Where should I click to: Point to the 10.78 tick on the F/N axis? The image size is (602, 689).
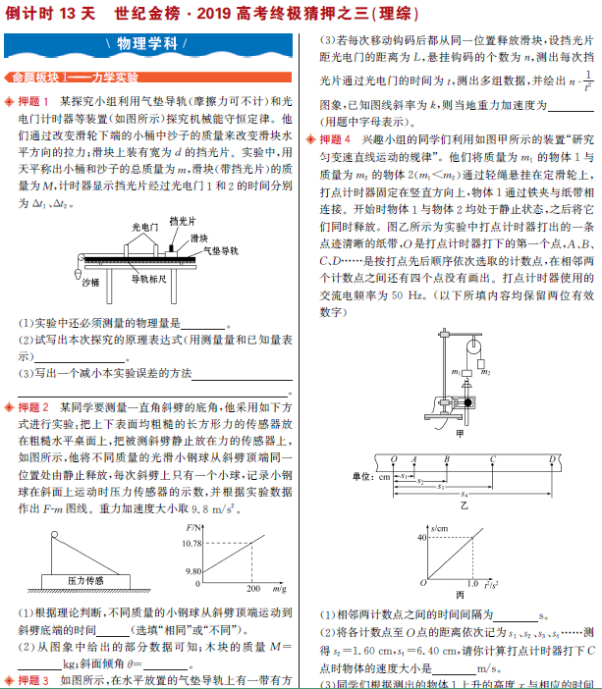[192, 543]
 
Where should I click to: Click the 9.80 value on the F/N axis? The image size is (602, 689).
[193, 570]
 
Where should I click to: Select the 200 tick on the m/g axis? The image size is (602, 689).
[252, 589]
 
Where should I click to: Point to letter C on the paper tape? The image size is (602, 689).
[492, 457]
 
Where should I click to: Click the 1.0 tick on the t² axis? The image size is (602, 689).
[472, 584]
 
